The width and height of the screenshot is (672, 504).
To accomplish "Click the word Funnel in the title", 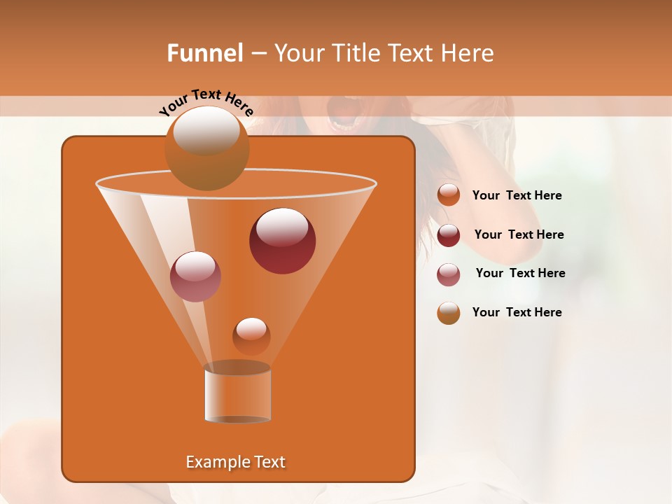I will (x=205, y=53).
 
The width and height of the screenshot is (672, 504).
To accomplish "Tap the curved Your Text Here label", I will (x=206, y=102).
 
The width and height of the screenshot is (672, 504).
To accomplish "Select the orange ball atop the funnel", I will (x=206, y=148).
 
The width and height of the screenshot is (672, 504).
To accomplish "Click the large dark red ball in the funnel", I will (x=282, y=241).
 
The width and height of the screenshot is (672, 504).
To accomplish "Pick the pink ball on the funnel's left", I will (x=195, y=276).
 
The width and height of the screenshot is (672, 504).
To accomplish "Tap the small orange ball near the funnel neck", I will (x=251, y=336).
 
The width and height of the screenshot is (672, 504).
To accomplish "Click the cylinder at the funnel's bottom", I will (x=238, y=393).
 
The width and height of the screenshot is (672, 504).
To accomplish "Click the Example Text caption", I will (x=235, y=462).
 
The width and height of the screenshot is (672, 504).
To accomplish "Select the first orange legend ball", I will (x=449, y=195).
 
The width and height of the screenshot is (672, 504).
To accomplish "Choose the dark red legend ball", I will (x=449, y=234).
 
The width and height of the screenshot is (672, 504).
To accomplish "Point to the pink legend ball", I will (x=449, y=274).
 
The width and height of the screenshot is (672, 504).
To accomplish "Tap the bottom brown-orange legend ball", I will (x=449, y=312).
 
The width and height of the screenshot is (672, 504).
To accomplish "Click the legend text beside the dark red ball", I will (x=519, y=234).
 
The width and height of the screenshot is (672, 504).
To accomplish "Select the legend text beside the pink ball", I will (x=520, y=273).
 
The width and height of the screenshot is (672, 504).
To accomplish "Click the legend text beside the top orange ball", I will (x=517, y=195).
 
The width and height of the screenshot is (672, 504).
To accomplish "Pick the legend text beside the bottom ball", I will (x=517, y=312).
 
